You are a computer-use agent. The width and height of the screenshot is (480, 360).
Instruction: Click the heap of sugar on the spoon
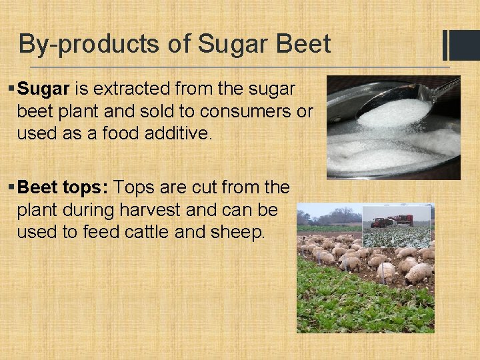coord(394,113)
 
